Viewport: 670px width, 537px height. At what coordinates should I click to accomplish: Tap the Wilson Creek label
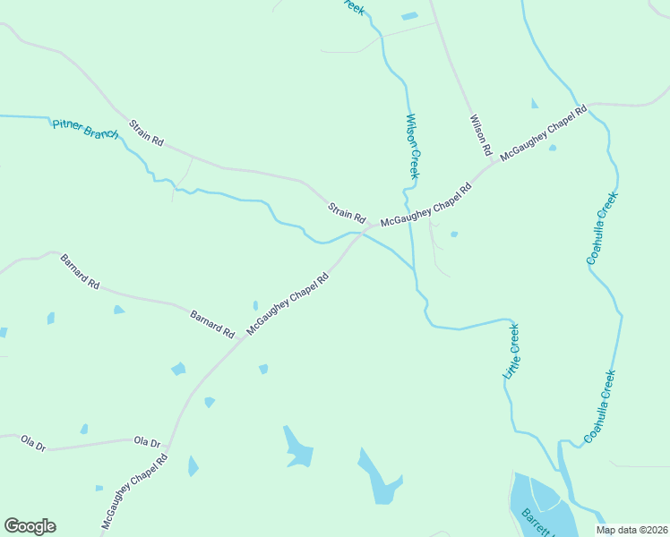(x=413, y=146)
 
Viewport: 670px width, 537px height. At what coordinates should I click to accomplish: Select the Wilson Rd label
(x=481, y=131)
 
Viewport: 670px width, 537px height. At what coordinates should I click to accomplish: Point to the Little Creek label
(x=512, y=352)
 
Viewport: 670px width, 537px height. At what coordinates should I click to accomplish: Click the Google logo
(x=30, y=526)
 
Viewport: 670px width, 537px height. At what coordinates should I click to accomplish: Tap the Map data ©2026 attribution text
(x=631, y=530)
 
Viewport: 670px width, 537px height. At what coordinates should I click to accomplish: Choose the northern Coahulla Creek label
(x=603, y=228)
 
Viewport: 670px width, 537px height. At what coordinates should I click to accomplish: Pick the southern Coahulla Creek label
(x=600, y=407)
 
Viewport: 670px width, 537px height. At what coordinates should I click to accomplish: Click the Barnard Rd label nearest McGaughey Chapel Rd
(x=212, y=323)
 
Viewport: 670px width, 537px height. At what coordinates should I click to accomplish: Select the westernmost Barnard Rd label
(x=80, y=273)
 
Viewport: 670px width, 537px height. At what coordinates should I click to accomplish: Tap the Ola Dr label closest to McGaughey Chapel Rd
(x=147, y=442)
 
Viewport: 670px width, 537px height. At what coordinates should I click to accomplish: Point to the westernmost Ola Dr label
(x=33, y=442)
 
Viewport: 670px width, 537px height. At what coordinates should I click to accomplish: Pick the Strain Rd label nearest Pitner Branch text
(x=146, y=133)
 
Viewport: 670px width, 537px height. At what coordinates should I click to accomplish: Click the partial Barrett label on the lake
(x=535, y=523)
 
